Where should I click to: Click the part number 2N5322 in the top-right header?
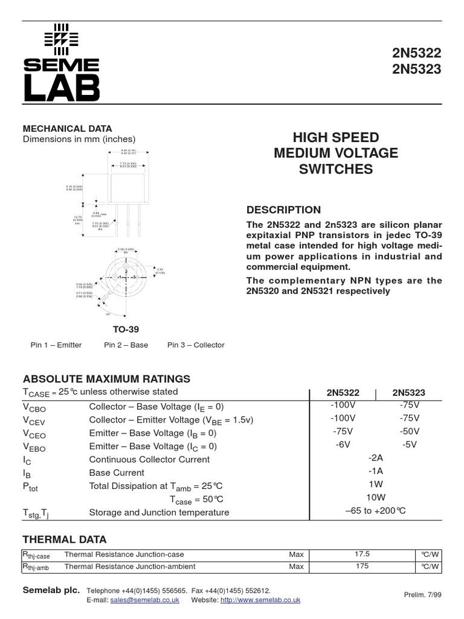point(417,53)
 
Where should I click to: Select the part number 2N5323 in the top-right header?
point(417,70)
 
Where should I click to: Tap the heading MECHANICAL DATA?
point(67,128)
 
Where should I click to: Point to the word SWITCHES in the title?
point(336,169)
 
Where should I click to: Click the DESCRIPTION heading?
point(283,210)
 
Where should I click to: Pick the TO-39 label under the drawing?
point(126,329)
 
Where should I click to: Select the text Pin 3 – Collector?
point(196,345)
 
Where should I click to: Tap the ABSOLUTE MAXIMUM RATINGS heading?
point(106,379)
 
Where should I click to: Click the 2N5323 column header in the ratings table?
point(409,392)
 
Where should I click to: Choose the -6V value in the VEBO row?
point(343,445)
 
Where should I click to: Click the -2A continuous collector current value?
point(376,458)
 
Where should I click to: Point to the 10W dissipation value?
point(376,497)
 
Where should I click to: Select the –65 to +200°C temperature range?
point(376,511)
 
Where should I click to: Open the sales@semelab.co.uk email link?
point(144,600)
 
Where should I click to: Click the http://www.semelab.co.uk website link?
point(260,600)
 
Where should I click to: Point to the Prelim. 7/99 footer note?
point(422,595)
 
